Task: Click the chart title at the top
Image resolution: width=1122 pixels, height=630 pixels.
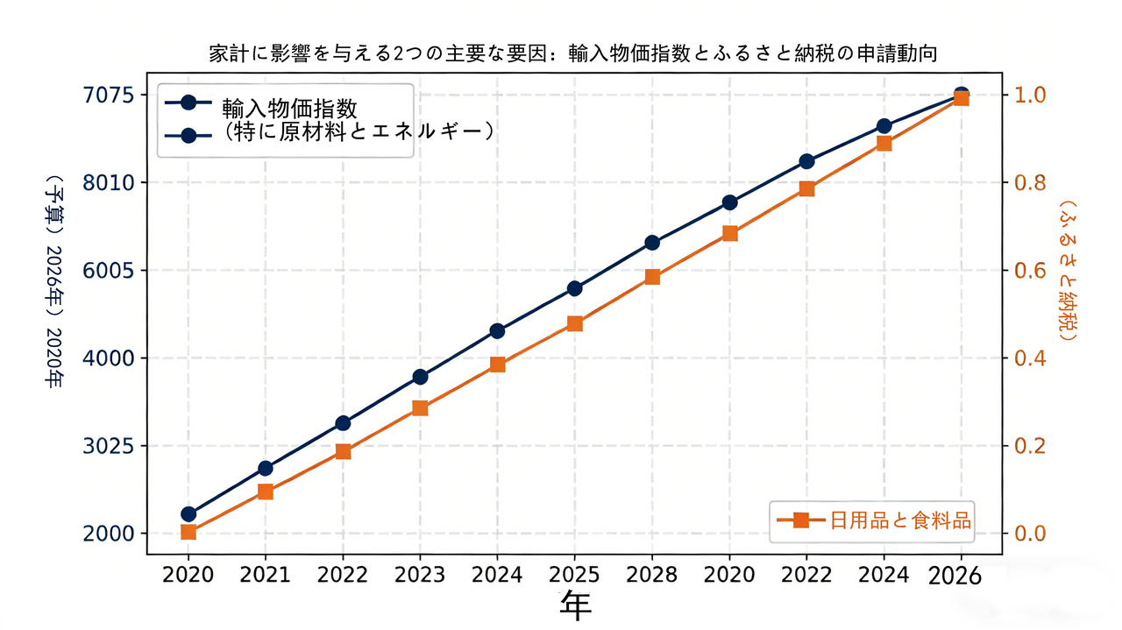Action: pos(573,53)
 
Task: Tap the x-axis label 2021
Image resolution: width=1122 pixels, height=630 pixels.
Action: pos(265,576)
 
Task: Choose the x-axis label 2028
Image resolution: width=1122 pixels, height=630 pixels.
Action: pos(651,576)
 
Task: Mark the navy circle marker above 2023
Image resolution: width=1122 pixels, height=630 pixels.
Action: pos(420,377)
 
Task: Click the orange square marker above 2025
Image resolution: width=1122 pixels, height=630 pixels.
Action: pos(574,323)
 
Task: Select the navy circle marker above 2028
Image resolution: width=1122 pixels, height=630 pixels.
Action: pos(651,243)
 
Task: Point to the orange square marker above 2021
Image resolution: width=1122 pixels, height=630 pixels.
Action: pos(265,492)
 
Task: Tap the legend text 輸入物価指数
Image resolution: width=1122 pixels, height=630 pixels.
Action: pos(289,108)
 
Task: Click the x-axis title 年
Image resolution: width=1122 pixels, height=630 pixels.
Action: pos(575,605)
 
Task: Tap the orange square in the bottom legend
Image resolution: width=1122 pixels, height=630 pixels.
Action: pos(800,520)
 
